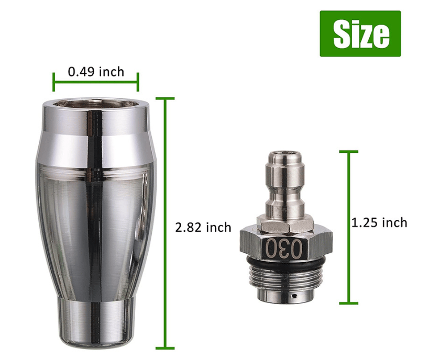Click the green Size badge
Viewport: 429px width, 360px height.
point(360,33)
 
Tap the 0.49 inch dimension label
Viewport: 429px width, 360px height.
point(96,72)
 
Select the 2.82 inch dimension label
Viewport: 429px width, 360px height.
point(203,228)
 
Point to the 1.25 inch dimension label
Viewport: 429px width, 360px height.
point(379,223)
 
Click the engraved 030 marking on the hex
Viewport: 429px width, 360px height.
point(284,249)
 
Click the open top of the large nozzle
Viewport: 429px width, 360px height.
point(96,104)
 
